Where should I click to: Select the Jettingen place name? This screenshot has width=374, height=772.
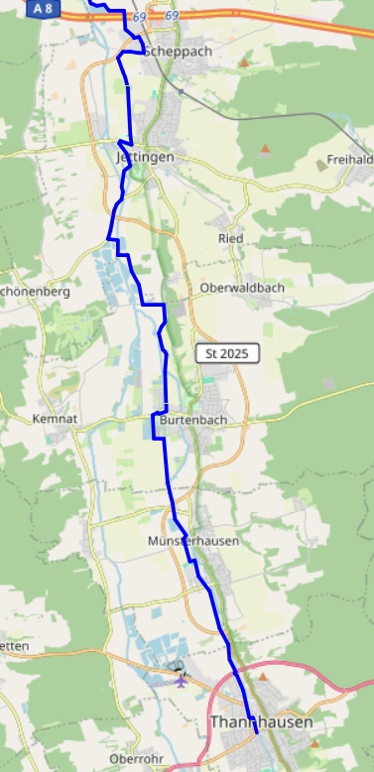click(x=145, y=157)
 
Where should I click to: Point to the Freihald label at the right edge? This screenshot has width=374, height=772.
click(x=350, y=160)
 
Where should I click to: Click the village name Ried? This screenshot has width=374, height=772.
click(x=230, y=239)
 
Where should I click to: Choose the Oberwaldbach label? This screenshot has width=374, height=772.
click(x=242, y=288)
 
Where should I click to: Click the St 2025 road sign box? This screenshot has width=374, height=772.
click(x=227, y=353)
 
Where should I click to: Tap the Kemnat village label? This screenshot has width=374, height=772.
click(x=55, y=420)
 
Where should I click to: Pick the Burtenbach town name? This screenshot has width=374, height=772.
click(x=192, y=420)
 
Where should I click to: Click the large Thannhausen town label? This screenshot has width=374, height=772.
click(x=261, y=722)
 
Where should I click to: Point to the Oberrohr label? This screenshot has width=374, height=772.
click(x=135, y=759)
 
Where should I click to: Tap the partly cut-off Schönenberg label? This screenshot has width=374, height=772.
click(x=35, y=293)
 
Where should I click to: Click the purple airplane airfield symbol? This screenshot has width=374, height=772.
click(x=181, y=680)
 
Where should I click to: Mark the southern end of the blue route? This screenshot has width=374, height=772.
click(x=256, y=732)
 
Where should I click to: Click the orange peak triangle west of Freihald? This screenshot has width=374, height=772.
click(x=265, y=149)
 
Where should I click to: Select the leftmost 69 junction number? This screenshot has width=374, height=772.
click(x=138, y=17)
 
